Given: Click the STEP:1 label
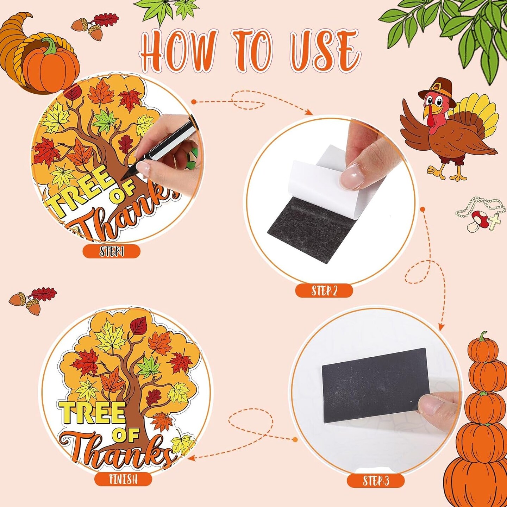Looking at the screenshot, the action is click(x=112, y=252).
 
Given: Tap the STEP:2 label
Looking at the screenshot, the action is click(x=324, y=291).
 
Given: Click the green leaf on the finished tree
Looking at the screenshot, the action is click(x=149, y=367).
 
